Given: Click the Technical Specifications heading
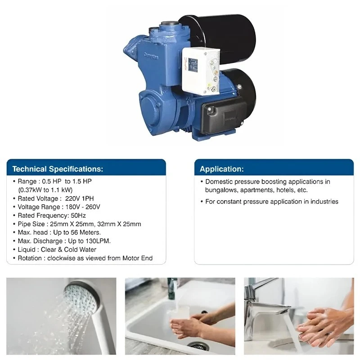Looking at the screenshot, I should (58, 169).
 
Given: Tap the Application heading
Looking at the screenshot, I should (222, 169).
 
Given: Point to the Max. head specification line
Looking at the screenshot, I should (59, 233).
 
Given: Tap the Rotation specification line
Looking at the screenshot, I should (85, 258).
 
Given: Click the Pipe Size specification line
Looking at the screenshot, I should (79, 224).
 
